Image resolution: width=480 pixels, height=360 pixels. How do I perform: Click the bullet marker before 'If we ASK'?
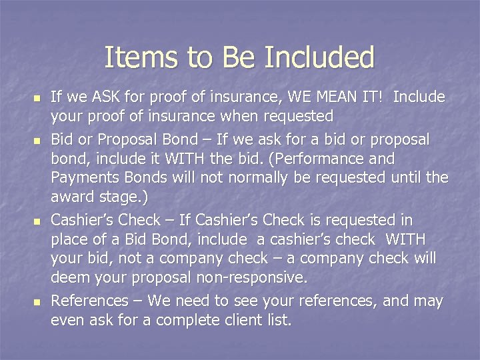pyautogui.click(x=37, y=98)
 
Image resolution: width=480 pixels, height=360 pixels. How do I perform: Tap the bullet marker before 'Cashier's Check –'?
pyautogui.click(x=37, y=221)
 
